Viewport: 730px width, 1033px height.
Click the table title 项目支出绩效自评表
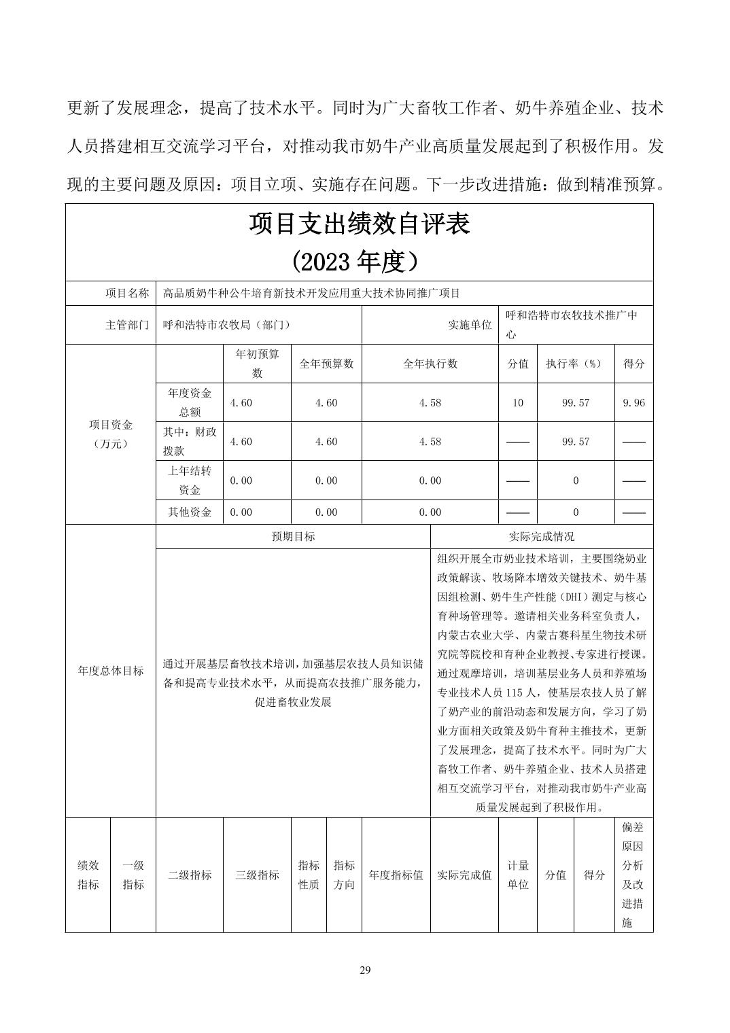(x=359, y=224)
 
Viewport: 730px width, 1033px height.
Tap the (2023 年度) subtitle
(x=359, y=262)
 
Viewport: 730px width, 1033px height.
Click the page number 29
(x=365, y=970)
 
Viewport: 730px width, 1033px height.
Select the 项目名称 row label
(x=127, y=293)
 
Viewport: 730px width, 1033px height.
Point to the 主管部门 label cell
(x=127, y=325)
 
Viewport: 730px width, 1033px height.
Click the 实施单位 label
(x=470, y=325)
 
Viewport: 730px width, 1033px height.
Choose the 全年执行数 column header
(x=430, y=364)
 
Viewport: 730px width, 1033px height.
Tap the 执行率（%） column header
(x=575, y=364)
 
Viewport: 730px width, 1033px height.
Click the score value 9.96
(x=633, y=402)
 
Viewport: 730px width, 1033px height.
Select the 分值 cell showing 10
(x=517, y=402)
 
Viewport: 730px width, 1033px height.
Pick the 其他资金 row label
(x=190, y=512)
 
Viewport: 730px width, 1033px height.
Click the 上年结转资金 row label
(x=190, y=480)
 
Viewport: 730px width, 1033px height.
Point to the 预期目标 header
(x=293, y=536)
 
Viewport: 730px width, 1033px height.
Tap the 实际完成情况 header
(x=541, y=536)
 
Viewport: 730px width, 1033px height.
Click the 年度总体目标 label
(x=111, y=670)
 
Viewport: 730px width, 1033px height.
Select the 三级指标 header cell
(x=257, y=875)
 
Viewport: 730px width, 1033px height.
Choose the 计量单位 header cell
(x=517, y=875)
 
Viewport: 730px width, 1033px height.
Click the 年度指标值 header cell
(x=396, y=875)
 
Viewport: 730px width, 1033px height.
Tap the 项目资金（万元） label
(x=111, y=434)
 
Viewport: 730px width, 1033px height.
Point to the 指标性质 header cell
(x=309, y=875)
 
